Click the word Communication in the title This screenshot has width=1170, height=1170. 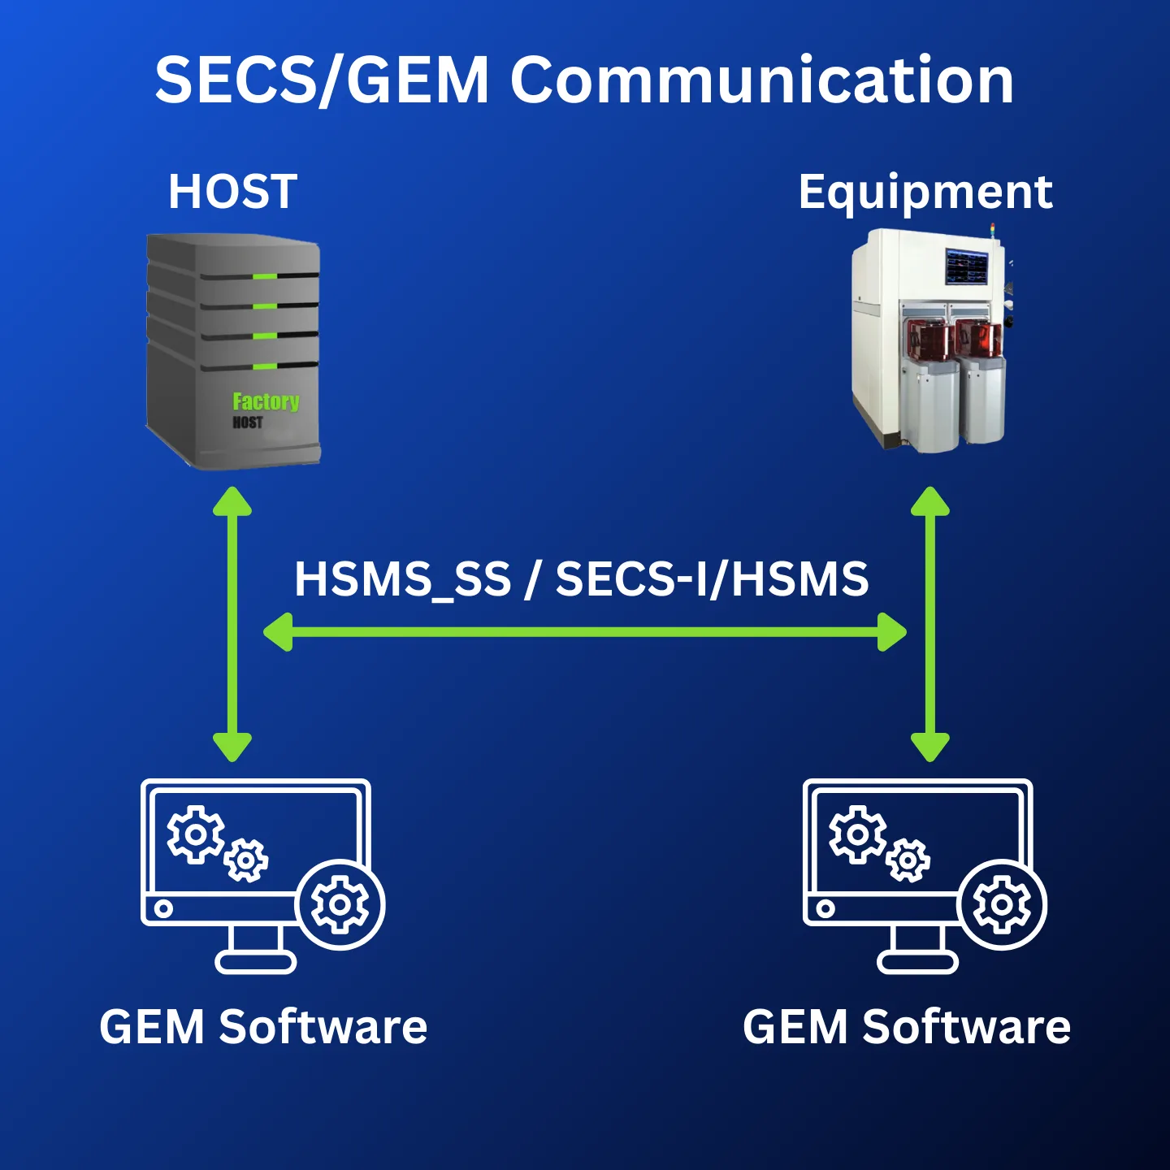(761, 80)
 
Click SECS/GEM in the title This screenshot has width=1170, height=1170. (322, 80)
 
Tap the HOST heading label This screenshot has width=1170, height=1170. (232, 192)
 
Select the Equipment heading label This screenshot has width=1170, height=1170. (925, 193)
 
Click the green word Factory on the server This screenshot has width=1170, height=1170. (266, 401)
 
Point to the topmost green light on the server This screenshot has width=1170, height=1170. (265, 277)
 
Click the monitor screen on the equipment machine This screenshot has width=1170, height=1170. (966, 266)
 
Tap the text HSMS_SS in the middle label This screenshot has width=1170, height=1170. (402, 579)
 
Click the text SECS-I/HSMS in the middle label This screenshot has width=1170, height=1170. (712, 579)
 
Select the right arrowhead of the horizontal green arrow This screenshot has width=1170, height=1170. (893, 632)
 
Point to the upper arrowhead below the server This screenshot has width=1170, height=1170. (232, 501)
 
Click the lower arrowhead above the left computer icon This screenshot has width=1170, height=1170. (232, 746)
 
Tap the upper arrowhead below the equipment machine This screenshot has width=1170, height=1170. (930, 501)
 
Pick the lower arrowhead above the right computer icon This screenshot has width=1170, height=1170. (930, 746)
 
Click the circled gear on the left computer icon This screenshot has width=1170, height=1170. (340, 904)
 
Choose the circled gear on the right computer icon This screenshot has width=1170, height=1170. (1002, 904)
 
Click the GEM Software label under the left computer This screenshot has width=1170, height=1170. (263, 1027)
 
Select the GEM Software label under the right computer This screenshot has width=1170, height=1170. (907, 1027)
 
